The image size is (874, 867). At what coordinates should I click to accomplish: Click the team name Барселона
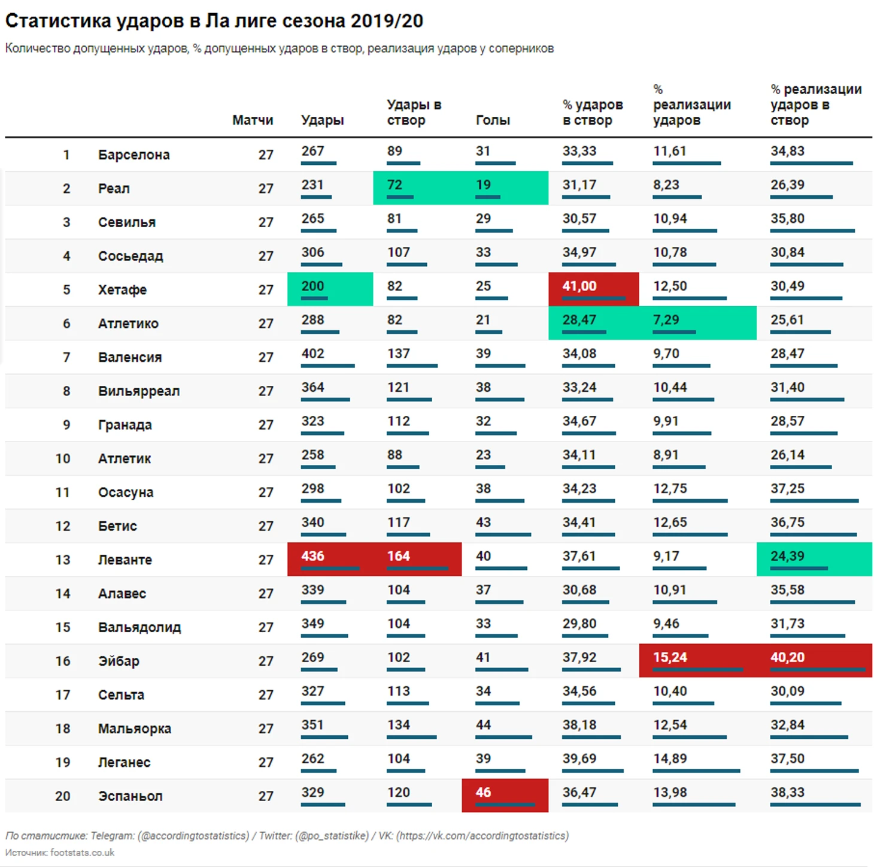pyautogui.click(x=133, y=155)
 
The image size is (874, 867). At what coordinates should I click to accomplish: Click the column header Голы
pyautogui.click(x=493, y=120)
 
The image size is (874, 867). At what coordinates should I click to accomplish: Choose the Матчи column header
pyautogui.click(x=253, y=120)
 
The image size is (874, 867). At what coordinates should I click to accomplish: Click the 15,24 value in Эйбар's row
pyautogui.click(x=670, y=657)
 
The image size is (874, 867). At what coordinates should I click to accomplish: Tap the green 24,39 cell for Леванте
pyautogui.click(x=787, y=557)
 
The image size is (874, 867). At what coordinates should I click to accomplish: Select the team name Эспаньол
pyautogui.click(x=130, y=796)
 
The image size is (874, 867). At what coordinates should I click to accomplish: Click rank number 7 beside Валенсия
pyautogui.click(x=66, y=358)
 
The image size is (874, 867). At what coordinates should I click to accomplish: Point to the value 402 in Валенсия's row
pyautogui.click(x=312, y=354)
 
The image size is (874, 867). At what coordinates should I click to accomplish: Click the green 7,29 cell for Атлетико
pyautogui.click(x=666, y=320)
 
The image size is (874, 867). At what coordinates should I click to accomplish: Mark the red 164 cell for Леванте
pyautogui.click(x=398, y=557)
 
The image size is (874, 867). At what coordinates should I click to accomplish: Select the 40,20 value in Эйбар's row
pyautogui.click(x=787, y=657)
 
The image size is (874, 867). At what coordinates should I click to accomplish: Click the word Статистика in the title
pyautogui.click(x=58, y=21)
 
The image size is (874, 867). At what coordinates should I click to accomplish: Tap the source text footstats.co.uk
pyautogui.click(x=82, y=853)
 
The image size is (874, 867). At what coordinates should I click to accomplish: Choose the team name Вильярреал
pyautogui.click(x=139, y=391)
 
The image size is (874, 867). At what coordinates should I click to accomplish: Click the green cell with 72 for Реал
pyautogui.click(x=394, y=185)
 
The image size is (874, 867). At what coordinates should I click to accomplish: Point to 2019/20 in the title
pyautogui.click(x=387, y=21)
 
